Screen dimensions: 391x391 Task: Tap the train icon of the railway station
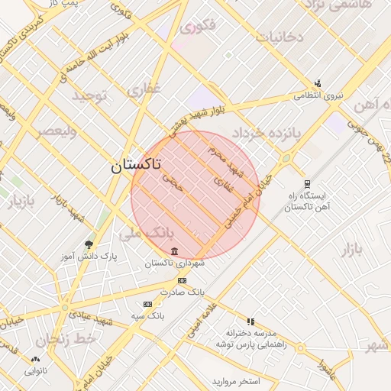[307, 183]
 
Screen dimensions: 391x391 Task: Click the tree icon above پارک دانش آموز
[90, 244]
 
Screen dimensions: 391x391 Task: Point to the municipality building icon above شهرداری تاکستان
[175, 251]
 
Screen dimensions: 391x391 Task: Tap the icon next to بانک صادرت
[182, 280]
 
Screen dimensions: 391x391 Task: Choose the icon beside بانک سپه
[147, 304]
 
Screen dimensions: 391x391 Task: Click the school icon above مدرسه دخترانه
[250, 322]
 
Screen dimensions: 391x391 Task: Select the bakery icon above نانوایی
[35, 360]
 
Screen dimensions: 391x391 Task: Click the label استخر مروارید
[236, 380]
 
